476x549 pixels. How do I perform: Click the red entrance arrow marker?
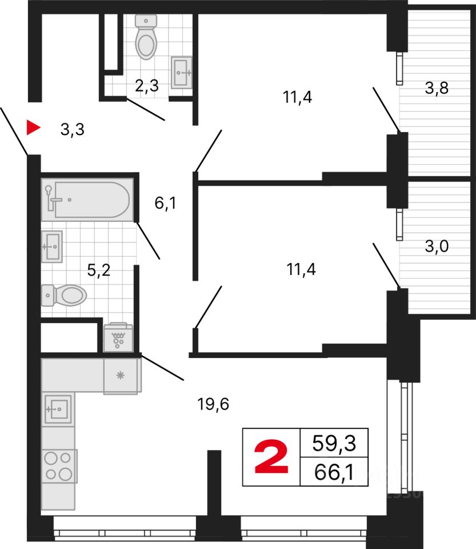click(34, 128)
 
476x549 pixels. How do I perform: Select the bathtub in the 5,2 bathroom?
click(86, 200)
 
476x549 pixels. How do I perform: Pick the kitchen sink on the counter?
click(58, 408)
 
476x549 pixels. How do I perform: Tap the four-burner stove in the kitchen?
click(59, 466)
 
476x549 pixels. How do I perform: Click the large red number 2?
click(271, 458)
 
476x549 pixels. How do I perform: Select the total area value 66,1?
click(333, 473)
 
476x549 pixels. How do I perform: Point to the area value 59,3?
click(333, 443)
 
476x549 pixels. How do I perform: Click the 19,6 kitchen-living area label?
click(213, 404)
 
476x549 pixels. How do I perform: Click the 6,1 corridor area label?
click(165, 203)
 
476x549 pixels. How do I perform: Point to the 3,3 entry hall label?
click(73, 130)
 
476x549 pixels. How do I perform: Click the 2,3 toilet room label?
click(146, 86)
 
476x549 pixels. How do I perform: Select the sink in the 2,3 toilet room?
click(181, 72)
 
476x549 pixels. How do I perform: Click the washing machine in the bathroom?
click(118, 339)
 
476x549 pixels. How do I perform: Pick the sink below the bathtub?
click(51, 246)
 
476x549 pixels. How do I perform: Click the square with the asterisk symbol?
click(121, 376)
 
